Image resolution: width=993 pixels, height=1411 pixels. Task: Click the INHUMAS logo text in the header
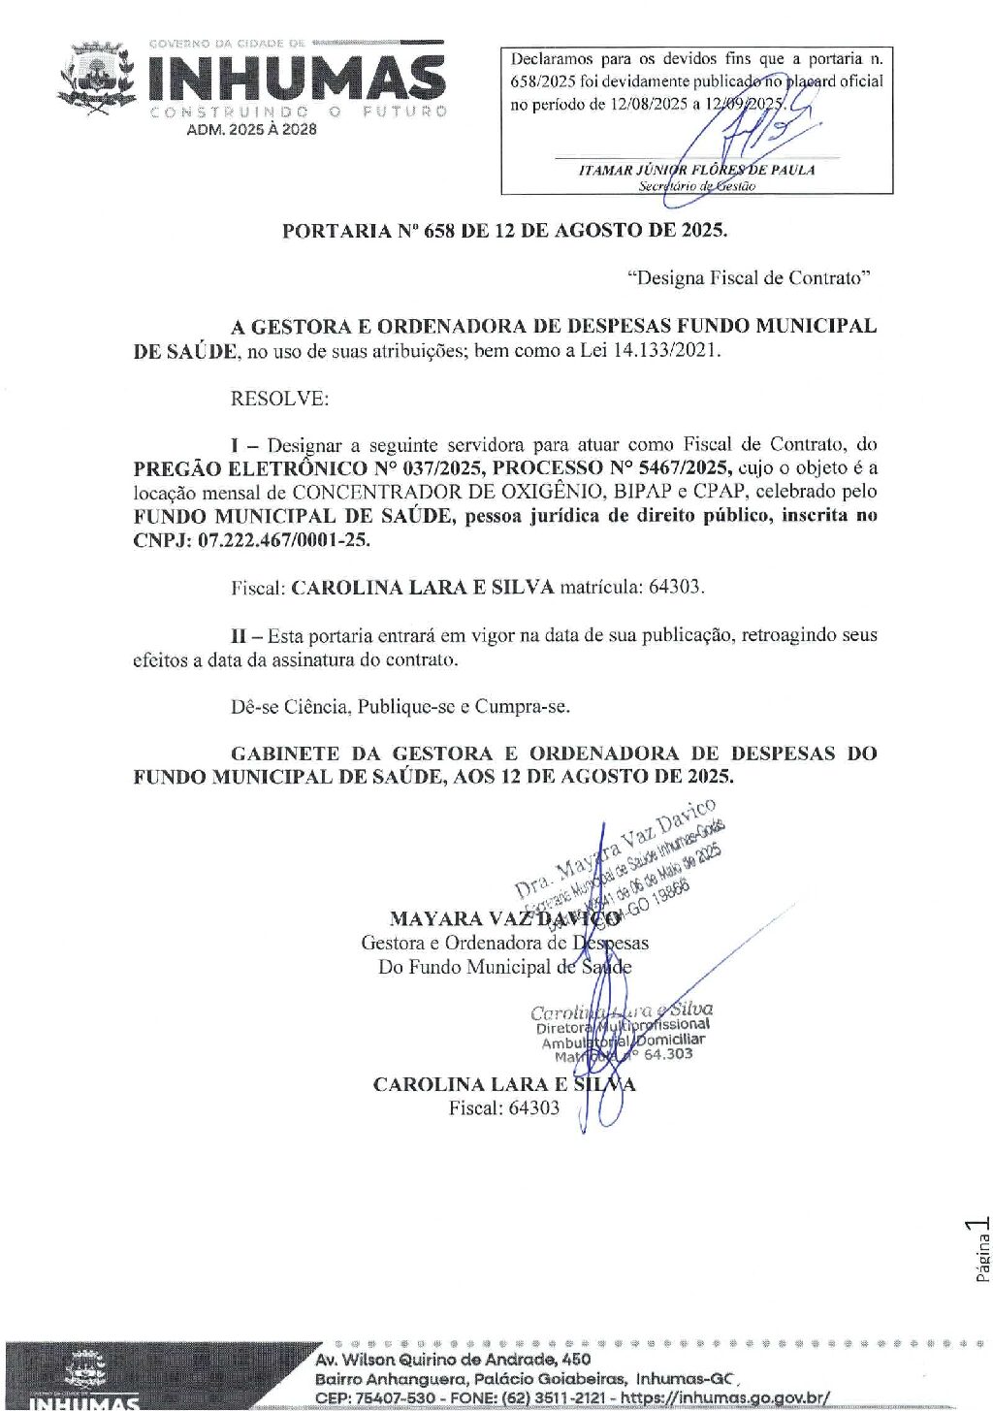[x=297, y=78]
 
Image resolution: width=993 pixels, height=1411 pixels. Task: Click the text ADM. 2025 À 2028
[x=251, y=129]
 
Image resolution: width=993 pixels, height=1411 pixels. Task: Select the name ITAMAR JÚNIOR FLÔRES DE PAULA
[x=696, y=170]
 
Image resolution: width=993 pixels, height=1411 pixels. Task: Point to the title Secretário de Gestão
[x=696, y=186]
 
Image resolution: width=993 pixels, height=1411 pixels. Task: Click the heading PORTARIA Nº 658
[x=503, y=231]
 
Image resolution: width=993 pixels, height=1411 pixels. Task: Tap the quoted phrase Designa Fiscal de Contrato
[x=748, y=278]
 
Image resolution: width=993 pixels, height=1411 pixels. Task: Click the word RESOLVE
[x=279, y=398]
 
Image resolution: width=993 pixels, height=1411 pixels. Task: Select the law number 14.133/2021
[x=665, y=350]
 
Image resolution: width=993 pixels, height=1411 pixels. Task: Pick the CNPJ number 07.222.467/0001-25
[x=283, y=540]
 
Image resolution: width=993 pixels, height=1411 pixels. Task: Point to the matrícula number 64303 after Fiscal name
[x=675, y=588]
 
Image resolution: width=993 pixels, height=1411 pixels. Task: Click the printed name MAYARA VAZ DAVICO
[x=504, y=918]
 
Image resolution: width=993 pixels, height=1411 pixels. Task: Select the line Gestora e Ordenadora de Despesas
[x=504, y=943]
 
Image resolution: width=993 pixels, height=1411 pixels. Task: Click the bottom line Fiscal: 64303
[x=503, y=1108]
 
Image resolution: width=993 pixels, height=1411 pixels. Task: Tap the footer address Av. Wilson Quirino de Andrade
[x=452, y=1360]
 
